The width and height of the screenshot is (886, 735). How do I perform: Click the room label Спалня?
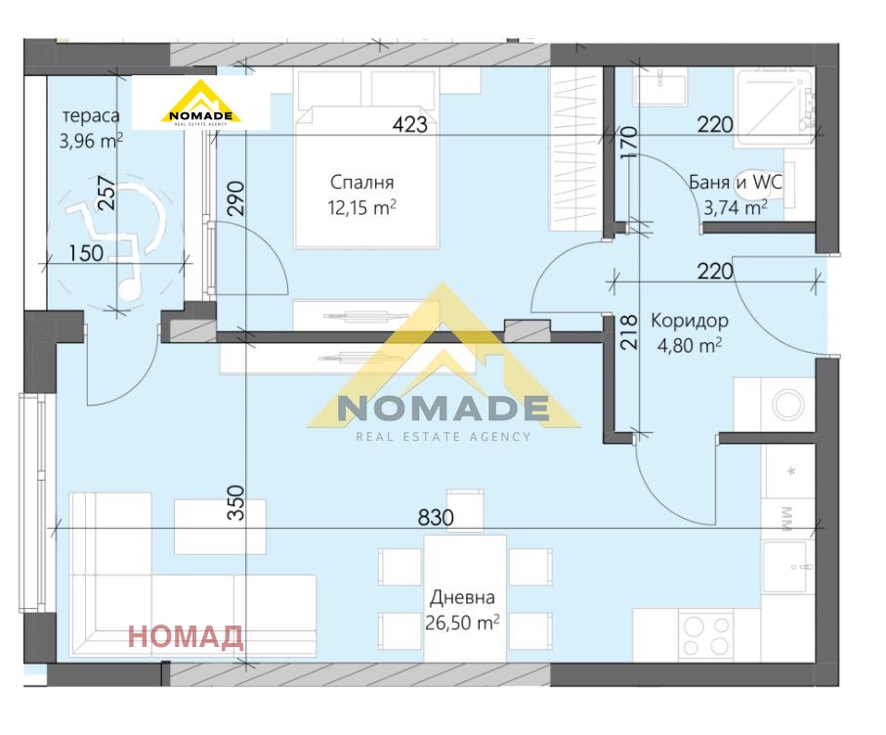(x=361, y=182)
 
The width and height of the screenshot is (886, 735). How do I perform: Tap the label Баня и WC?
(x=736, y=182)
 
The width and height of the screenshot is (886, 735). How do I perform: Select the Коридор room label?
(x=690, y=321)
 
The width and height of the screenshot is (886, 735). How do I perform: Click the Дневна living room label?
(x=462, y=597)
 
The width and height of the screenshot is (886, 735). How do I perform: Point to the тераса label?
(x=91, y=116)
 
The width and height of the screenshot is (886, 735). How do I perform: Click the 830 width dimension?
(x=436, y=517)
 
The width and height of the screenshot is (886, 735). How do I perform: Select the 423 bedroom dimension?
(x=409, y=124)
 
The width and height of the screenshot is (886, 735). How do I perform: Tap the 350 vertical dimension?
(x=235, y=502)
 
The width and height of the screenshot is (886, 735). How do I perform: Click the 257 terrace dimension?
(x=106, y=193)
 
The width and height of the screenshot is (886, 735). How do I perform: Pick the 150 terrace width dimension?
(x=86, y=253)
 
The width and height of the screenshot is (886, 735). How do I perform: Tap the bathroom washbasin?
(x=660, y=88)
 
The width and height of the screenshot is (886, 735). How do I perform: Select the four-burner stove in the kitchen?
(x=705, y=635)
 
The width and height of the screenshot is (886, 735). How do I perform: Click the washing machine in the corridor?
(x=788, y=405)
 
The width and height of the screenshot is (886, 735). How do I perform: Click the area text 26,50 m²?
(x=462, y=623)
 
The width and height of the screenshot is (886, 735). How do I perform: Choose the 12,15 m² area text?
(x=361, y=207)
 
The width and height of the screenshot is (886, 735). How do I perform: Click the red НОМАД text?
(x=186, y=636)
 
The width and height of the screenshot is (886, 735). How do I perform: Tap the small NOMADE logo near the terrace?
(x=200, y=103)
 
